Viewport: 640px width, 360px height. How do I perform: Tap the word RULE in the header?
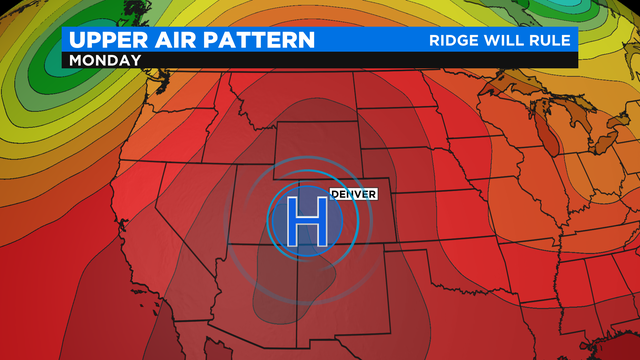[551, 40]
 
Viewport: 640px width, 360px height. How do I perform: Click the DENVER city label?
[352, 193]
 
